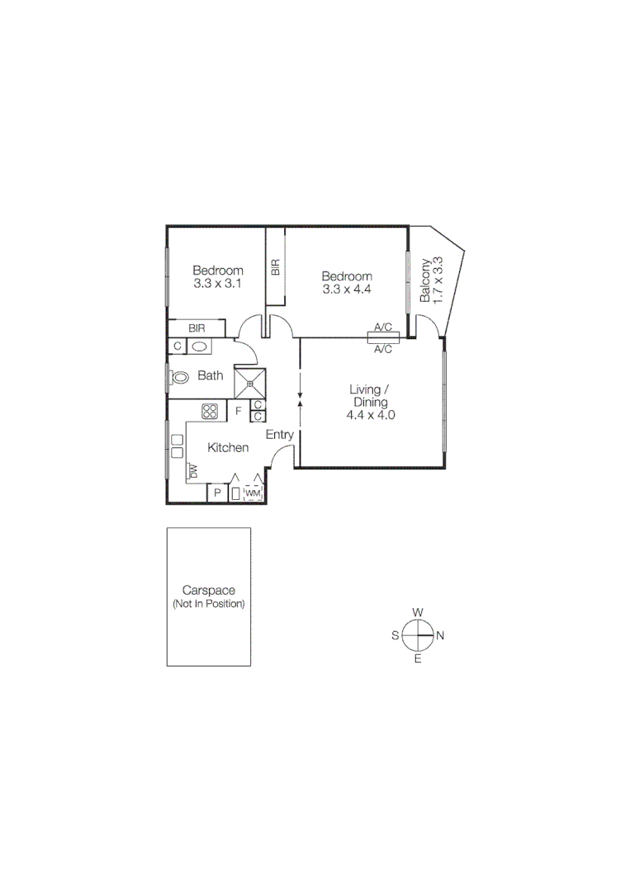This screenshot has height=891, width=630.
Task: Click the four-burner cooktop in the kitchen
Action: point(210,410)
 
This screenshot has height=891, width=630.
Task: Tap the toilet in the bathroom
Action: point(179,377)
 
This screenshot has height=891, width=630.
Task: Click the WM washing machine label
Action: point(253,493)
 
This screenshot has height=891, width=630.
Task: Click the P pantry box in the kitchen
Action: point(217,493)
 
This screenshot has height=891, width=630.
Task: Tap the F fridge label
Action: point(239,410)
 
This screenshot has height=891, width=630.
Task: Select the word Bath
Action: point(211,376)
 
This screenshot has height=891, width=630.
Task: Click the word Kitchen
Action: point(228,448)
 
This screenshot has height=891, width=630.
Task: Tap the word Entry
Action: point(280,435)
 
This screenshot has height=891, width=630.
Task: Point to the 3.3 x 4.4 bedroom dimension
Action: point(347,290)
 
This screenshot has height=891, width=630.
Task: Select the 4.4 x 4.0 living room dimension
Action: point(371,416)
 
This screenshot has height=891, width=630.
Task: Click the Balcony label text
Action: point(425,280)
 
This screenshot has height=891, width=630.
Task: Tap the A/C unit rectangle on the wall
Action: point(383,337)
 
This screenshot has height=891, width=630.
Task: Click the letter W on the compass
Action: point(418,611)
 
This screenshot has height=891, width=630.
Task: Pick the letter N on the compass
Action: point(441,635)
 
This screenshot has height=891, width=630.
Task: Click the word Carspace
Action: point(209,591)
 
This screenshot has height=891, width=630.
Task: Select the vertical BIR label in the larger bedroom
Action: point(276,267)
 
